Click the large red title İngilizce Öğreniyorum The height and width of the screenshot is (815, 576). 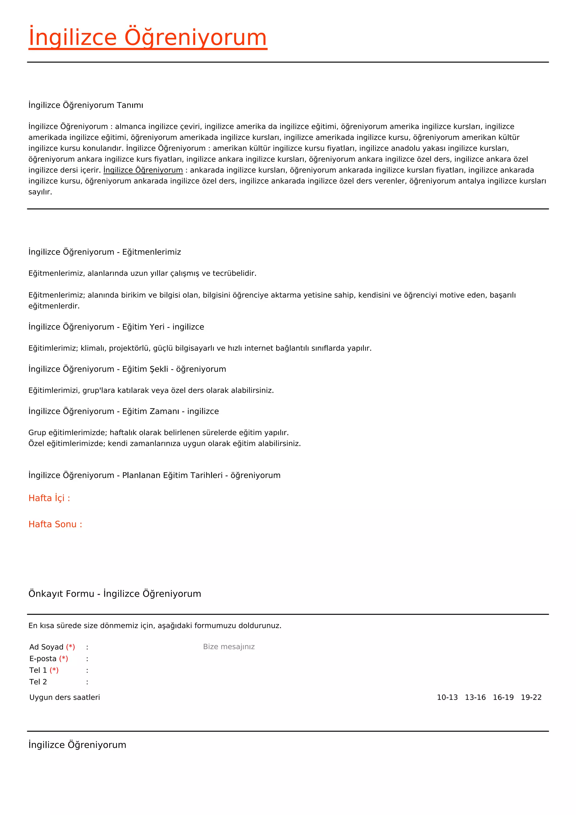(x=148, y=38)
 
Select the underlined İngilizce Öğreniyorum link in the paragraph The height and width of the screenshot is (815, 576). (x=143, y=170)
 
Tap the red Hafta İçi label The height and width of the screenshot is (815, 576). (x=49, y=498)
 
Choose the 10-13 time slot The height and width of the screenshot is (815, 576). (x=447, y=698)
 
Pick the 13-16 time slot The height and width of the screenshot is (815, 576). (x=475, y=698)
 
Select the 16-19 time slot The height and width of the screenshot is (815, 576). (x=503, y=698)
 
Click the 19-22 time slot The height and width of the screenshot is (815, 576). (x=531, y=698)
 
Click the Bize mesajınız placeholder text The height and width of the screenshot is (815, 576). (x=229, y=647)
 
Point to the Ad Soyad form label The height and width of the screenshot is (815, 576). (x=46, y=647)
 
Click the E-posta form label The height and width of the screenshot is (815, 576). (x=43, y=659)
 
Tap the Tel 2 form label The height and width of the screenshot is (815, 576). (x=38, y=682)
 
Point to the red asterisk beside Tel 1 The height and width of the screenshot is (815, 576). (x=54, y=670)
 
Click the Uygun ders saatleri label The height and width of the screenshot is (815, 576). (x=65, y=698)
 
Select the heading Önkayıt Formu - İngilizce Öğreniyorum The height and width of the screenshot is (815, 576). (x=114, y=594)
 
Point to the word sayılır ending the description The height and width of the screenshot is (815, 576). (x=40, y=192)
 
